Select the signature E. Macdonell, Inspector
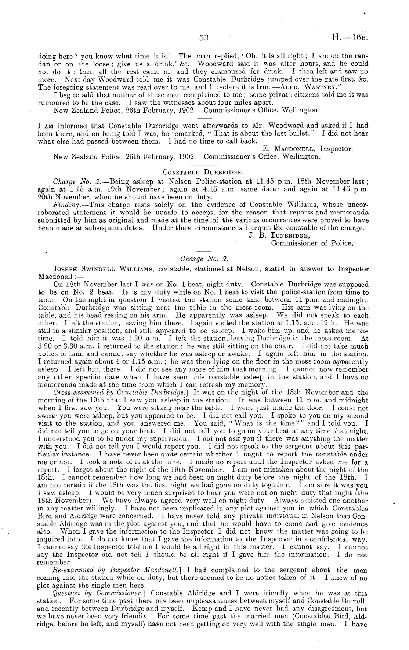click(x=308, y=149)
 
